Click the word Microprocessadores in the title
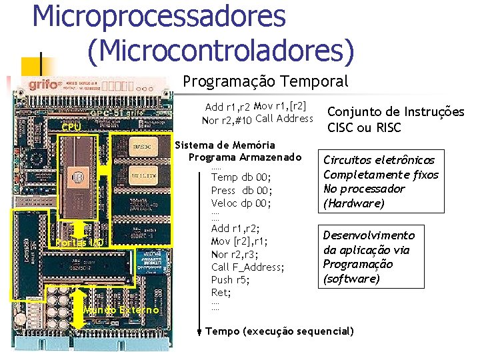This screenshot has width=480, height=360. (159, 16)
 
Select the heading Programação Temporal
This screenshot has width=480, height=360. (265, 81)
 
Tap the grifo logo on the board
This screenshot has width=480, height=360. (42, 85)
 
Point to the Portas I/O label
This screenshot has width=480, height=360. (79, 242)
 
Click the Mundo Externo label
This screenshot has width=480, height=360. (121, 310)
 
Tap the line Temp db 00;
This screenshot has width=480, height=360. (241, 177)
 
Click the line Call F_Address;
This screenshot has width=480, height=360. (247, 267)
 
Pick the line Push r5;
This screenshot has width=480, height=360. (231, 279)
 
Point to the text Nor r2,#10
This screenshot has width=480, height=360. (227, 120)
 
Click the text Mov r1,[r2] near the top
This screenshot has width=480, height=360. (280, 106)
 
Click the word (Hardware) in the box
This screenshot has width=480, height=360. (354, 203)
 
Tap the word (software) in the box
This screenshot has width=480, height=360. (351, 279)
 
